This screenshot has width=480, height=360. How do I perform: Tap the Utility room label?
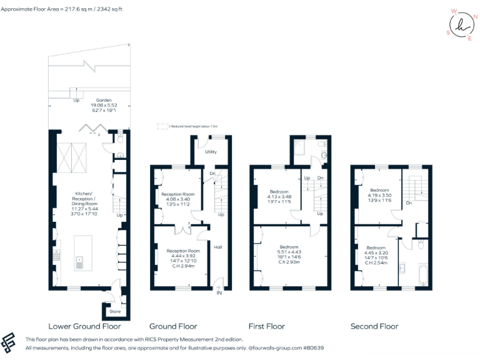(x=210, y=152)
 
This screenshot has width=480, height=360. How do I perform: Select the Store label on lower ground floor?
(x=115, y=311)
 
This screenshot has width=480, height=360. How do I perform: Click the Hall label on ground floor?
(x=218, y=247)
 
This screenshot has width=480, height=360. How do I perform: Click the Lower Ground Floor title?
(x=84, y=326)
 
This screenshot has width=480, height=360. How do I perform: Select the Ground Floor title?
(x=173, y=326)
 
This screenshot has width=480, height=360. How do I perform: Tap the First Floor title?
(x=266, y=326)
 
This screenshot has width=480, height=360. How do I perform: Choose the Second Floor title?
(x=374, y=326)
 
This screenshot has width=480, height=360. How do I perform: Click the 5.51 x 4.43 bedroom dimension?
(x=289, y=252)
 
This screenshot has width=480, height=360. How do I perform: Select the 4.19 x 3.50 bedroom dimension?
(x=379, y=195)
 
